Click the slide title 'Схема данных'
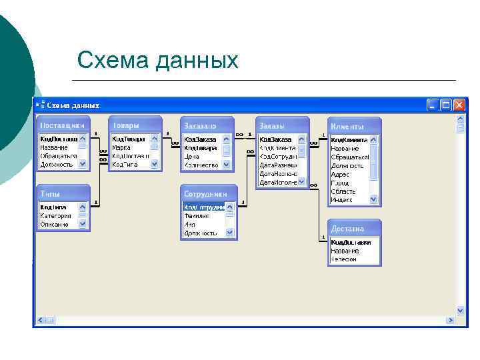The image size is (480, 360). (157, 61)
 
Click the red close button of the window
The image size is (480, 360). (459, 105)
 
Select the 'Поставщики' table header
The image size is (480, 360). (62, 125)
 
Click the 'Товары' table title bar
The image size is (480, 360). (135, 125)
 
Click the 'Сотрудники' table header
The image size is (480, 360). (207, 193)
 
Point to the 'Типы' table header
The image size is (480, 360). (62, 193)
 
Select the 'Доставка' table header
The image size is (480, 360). (354, 228)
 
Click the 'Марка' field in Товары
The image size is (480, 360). (121, 148)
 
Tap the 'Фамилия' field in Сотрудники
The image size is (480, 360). (197, 216)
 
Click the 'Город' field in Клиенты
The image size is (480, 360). (340, 183)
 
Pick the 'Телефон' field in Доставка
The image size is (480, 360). (344, 259)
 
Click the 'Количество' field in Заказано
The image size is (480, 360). (201, 165)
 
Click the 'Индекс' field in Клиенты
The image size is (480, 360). (343, 199)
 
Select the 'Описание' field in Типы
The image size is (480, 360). (54, 225)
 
